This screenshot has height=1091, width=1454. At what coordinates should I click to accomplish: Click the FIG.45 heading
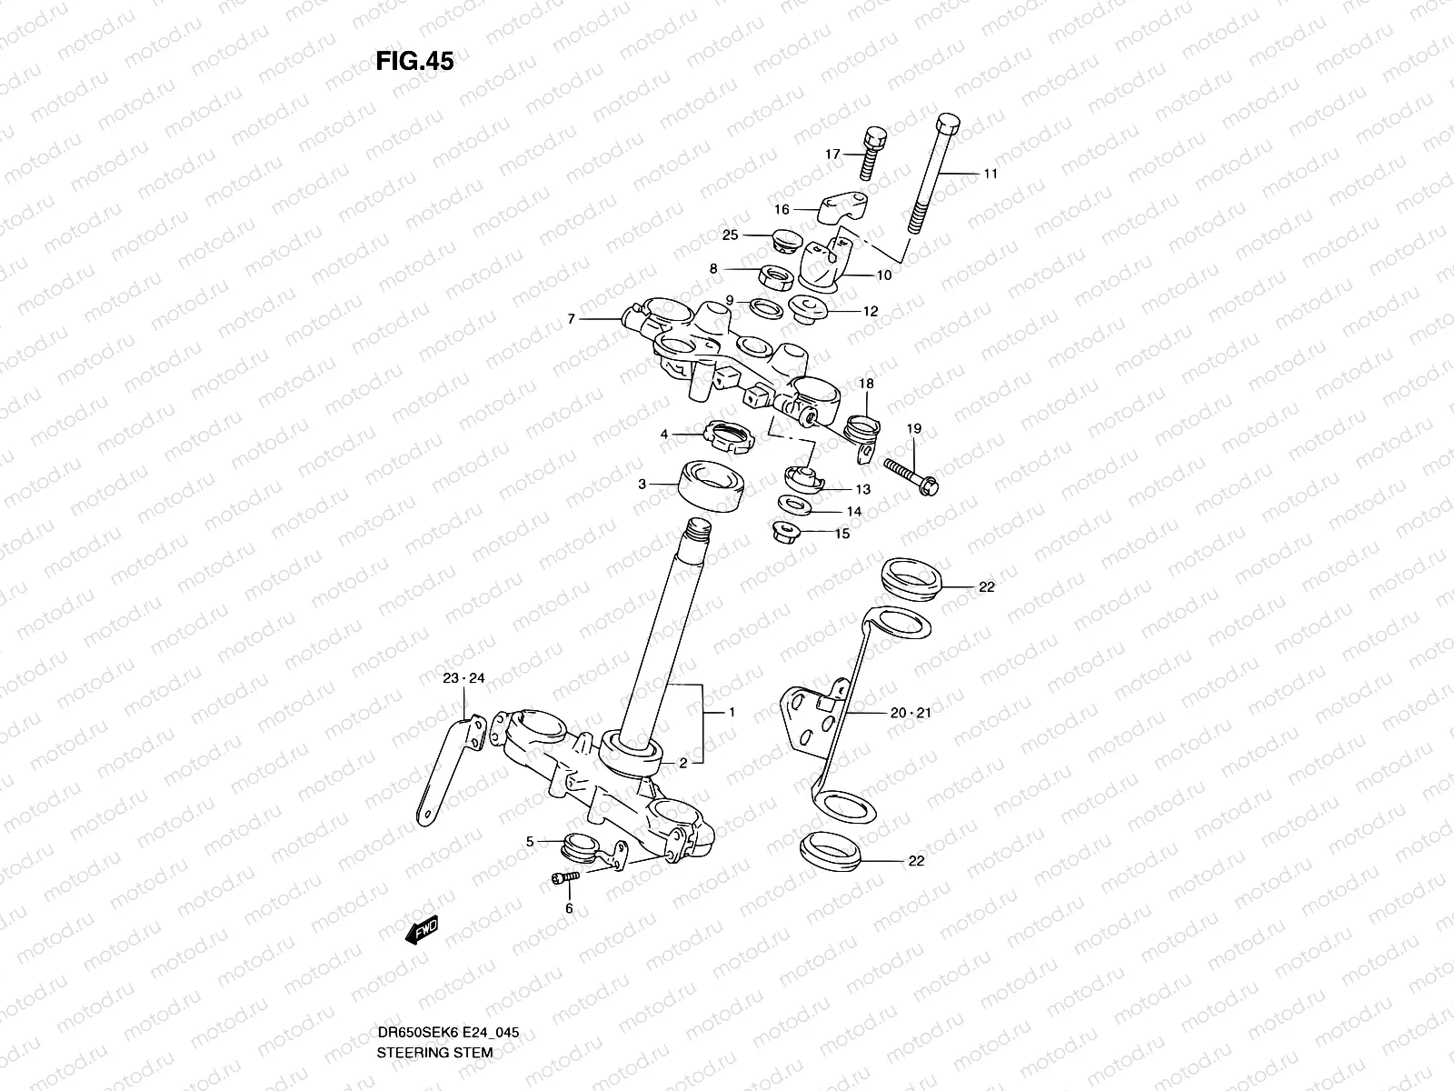point(414,61)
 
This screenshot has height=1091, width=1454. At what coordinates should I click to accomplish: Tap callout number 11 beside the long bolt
point(991,174)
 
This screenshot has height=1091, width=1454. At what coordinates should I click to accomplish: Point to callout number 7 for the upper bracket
point(571,319)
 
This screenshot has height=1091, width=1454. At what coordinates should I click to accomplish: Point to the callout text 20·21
point(911,713)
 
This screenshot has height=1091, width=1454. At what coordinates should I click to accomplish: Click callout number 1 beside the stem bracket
point(732,713)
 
